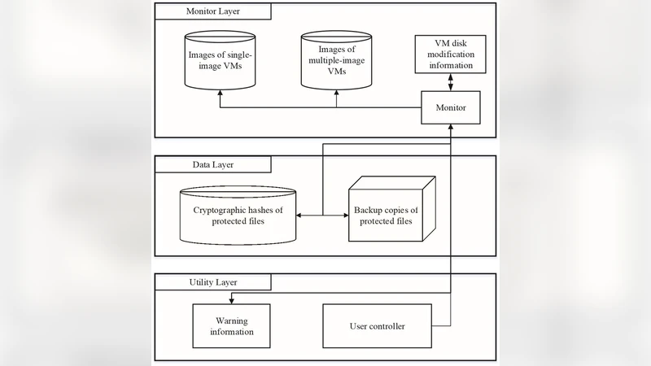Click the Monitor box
coord(450,107)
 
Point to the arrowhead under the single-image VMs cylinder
coord(219,94)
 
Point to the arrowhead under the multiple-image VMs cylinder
coord(336,94)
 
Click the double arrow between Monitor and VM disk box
coord(450,82)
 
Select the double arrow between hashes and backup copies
coord(323,216)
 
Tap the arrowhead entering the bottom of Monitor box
coord(450,128)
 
